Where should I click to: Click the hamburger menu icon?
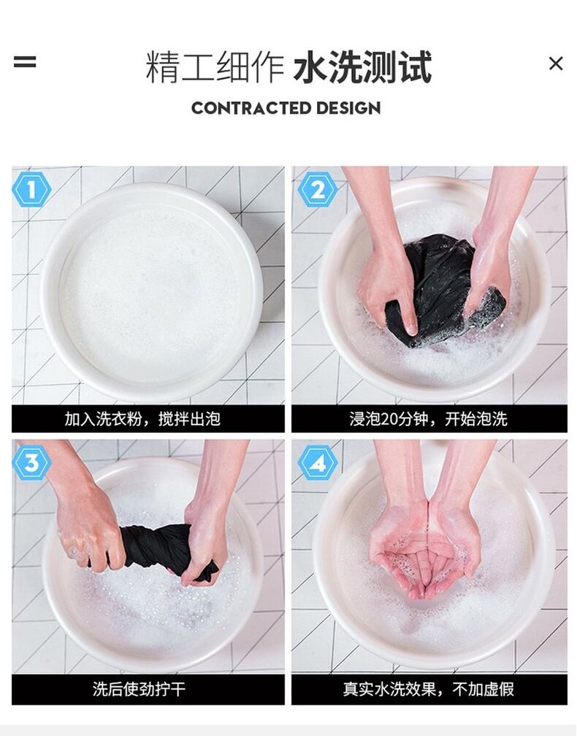point(24,62)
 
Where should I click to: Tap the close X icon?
point(556,64)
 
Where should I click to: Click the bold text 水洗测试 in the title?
point(362,67)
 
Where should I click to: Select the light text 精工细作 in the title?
point(215,67)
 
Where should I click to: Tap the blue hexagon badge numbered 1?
point(31,190)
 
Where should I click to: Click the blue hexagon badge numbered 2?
point(318,190)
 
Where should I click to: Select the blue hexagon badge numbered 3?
point(31,463)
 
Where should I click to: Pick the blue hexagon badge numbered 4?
point(318,463)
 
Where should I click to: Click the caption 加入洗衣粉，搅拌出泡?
point(142,418)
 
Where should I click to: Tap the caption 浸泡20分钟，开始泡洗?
point(428,418)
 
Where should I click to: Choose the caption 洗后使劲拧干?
point(139,689)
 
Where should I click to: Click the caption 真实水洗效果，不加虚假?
point(428,689)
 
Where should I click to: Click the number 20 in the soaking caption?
point(389,418)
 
